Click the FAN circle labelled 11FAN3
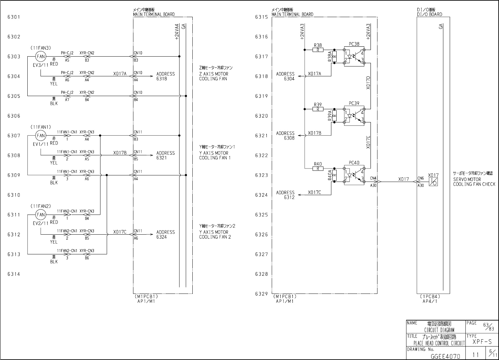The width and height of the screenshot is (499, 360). pos(41,57)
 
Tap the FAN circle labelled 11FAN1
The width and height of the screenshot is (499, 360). pos(41,136)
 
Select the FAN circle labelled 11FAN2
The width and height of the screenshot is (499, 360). pos(41,215)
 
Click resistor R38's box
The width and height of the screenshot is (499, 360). pos(318,50)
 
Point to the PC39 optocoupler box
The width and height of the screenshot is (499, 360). pos(354,116)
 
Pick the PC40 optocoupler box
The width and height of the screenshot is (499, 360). pos(354,175)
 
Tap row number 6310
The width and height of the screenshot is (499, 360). pos(14,195)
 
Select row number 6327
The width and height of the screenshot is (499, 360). pos(262,254)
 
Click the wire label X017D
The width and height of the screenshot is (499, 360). pos(368,83)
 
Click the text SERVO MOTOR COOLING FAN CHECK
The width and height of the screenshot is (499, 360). pos(474,182)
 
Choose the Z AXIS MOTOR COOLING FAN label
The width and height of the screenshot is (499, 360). pos(213,76)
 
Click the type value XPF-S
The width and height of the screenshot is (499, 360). pos(482,342)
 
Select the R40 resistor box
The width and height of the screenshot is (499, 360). pos(318,169)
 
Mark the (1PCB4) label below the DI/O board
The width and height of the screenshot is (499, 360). pos(430,296)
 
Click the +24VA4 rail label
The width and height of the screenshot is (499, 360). pos(177,32)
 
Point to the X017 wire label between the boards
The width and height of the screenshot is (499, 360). pos(403,179)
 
